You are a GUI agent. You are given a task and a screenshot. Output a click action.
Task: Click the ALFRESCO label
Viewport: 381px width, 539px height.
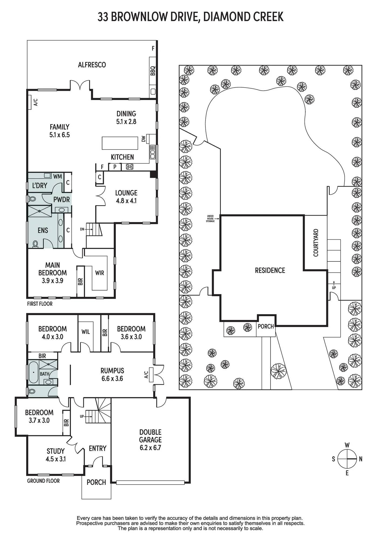click(92, 65)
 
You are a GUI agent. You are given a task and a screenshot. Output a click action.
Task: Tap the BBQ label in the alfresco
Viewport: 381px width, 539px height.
click(153, 71)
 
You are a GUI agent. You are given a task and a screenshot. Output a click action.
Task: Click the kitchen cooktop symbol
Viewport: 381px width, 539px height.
click(130, 167)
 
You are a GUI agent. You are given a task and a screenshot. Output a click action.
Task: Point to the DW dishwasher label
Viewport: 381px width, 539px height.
click(143, 139)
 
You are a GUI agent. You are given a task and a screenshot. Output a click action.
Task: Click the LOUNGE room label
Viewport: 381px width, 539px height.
click(126, 193)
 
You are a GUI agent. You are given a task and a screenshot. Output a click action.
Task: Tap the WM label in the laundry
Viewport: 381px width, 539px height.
click(57, 177)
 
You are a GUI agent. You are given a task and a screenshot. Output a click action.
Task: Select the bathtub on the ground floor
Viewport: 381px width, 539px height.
click(33, 372)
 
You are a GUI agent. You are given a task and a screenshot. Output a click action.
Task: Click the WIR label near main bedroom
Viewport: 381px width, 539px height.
click(99, 273)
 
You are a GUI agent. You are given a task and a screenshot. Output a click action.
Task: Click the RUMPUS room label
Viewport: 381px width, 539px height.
click(112, 371)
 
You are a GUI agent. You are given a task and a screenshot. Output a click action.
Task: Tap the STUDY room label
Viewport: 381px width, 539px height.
click(56, 451)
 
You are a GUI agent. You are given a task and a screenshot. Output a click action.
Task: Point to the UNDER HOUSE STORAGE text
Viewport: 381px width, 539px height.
click(210, 219)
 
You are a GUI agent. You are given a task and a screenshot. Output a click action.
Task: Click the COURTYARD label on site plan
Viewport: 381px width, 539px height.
click(316, 243)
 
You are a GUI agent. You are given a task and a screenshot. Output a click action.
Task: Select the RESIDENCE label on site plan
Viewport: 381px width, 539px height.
click(270, 270)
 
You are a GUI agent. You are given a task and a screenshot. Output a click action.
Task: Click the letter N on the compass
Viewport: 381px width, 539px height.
click(361, 459)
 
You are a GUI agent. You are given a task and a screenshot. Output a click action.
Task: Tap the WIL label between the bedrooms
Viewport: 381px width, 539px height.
click(86, 332)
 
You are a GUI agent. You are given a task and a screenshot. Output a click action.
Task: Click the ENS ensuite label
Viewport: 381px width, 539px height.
click(43, 230)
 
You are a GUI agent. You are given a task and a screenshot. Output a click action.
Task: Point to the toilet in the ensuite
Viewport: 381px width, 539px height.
click(35, 244)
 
